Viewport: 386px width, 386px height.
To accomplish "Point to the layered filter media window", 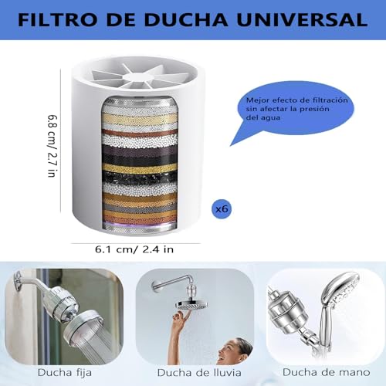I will pos(138,166).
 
